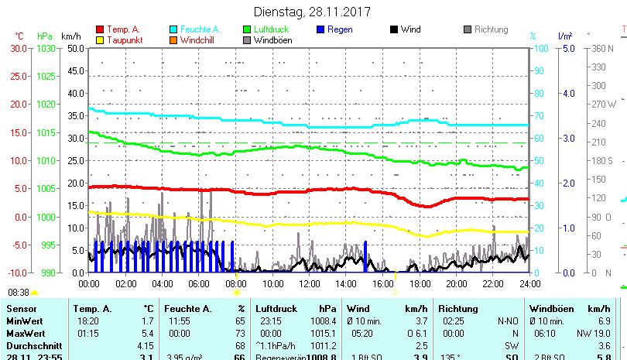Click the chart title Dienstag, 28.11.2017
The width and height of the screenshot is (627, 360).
coord(312,12)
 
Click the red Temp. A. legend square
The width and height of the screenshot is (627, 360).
coord(99,30)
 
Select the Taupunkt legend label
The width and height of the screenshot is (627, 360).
coord(124,40)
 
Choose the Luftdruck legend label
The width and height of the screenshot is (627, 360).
coord(276,30)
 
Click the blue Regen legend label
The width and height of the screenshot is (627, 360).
coord(340,30)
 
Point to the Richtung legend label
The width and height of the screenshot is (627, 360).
coord(491,30)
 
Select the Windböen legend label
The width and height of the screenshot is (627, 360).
coord(273,40)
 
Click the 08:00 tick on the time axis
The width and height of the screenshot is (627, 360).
coord(235,284)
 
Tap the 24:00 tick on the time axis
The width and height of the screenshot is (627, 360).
coord(529,284)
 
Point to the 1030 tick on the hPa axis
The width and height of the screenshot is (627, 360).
coord(46,48)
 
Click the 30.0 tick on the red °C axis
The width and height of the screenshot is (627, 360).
coord(19,48)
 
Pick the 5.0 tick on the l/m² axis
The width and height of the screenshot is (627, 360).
coord(567,48)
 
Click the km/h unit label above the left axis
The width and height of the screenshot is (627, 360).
coord(70,36)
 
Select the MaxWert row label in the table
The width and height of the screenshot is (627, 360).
coord(25,333)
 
